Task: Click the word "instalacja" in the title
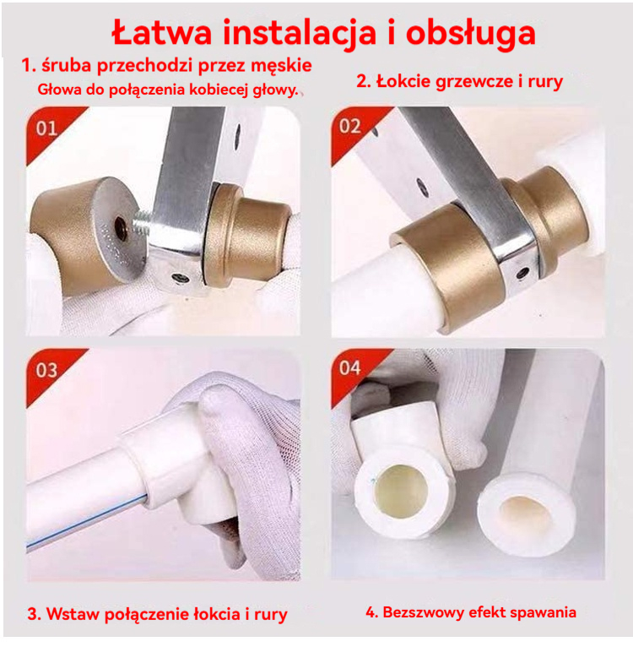point(300,33)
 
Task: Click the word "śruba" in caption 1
point(66,66)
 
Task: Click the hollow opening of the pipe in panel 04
point(525,513)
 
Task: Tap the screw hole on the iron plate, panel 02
point(523,273)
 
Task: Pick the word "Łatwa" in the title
point(162,32)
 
